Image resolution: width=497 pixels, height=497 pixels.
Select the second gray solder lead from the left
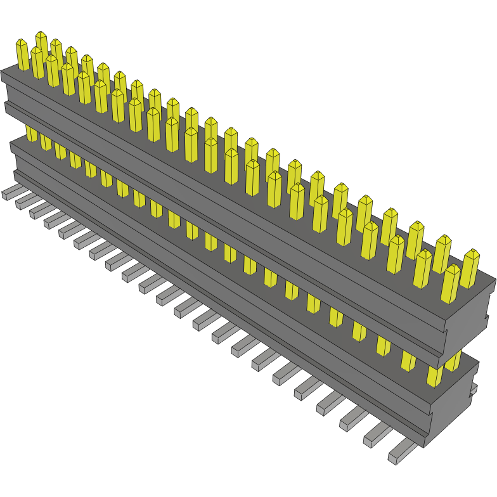click(27, 202)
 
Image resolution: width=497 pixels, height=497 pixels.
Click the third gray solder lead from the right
click(356, 418)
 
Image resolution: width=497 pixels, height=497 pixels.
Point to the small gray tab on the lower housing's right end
click(473, 389)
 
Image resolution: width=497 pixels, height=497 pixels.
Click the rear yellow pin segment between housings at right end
click(454, 361)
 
